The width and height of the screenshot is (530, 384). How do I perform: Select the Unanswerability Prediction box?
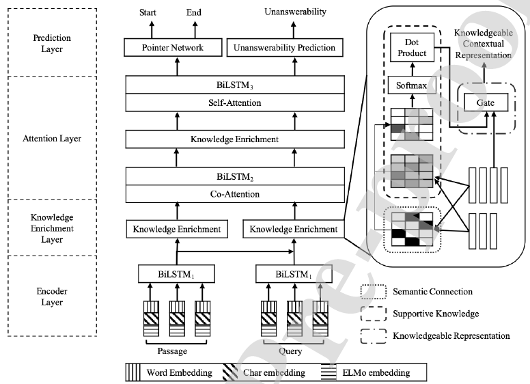[x=285, y=48]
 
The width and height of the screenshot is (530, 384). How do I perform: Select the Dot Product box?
[x=411, y=48]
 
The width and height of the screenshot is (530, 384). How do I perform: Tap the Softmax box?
[x=411, y=87]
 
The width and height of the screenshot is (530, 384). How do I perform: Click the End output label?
[x=194, y=12]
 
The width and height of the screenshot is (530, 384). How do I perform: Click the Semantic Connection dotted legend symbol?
[x=373, y=292]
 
